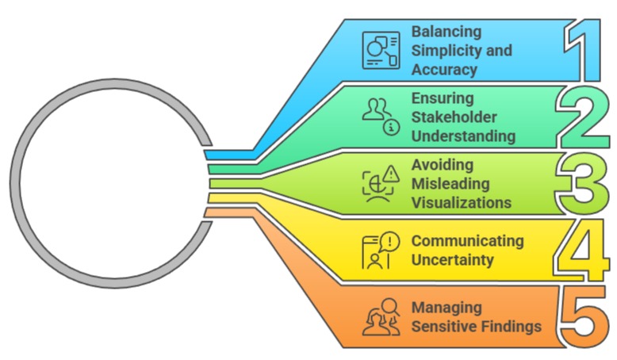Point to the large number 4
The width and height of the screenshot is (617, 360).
(x=584, y=252)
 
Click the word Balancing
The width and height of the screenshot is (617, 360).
(x=446, y=32)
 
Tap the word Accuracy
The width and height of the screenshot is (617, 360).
(x=444, y=69)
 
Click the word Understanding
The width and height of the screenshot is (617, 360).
(x=463, y=136)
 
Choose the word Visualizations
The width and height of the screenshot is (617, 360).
(x=461, y=203)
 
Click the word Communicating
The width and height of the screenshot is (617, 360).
(x=467, y=240)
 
